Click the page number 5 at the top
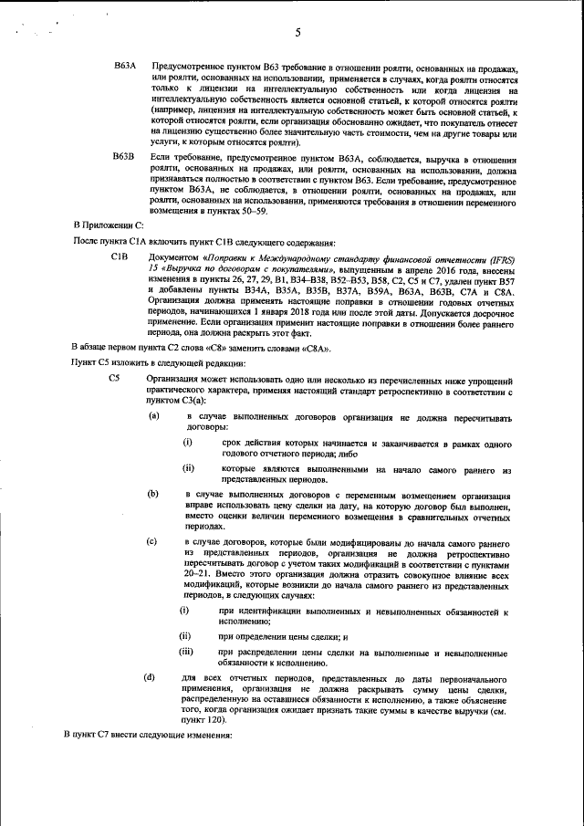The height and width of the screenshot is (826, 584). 298,34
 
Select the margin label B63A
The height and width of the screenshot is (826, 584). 124,68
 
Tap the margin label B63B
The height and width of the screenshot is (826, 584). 124,158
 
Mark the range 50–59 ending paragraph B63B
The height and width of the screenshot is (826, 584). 252,211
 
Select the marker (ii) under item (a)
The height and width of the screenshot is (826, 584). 188,469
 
